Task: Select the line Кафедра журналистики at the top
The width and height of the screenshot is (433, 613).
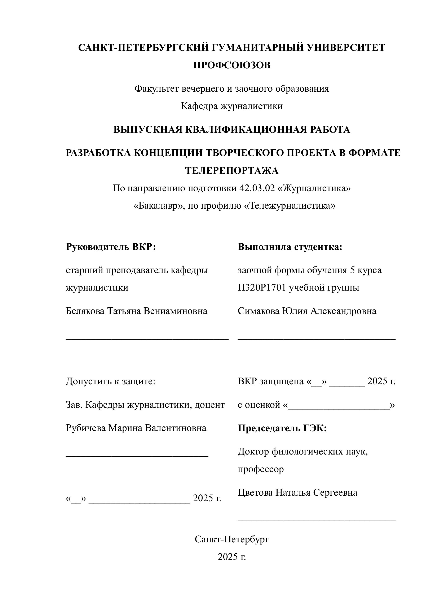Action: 231,106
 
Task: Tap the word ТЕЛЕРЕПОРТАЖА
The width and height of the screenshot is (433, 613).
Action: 231,170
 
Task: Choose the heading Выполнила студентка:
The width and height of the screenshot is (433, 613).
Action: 290,247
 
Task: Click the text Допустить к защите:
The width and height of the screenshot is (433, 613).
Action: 110,381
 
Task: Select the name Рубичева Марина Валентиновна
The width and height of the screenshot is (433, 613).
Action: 136,428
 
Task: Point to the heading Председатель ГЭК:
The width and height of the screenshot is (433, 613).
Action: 282,428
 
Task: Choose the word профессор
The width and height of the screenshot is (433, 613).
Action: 261,469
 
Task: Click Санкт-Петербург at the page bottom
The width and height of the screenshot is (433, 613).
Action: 231,539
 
